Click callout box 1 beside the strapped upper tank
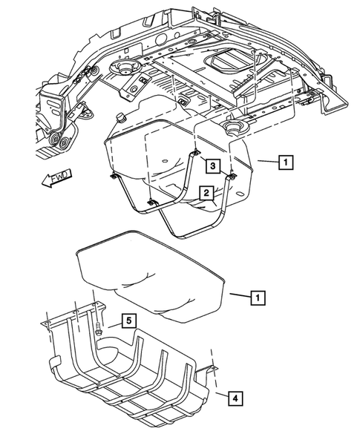click(285, 160)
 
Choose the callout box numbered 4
click(234, 399)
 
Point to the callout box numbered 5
click(128, 321)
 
